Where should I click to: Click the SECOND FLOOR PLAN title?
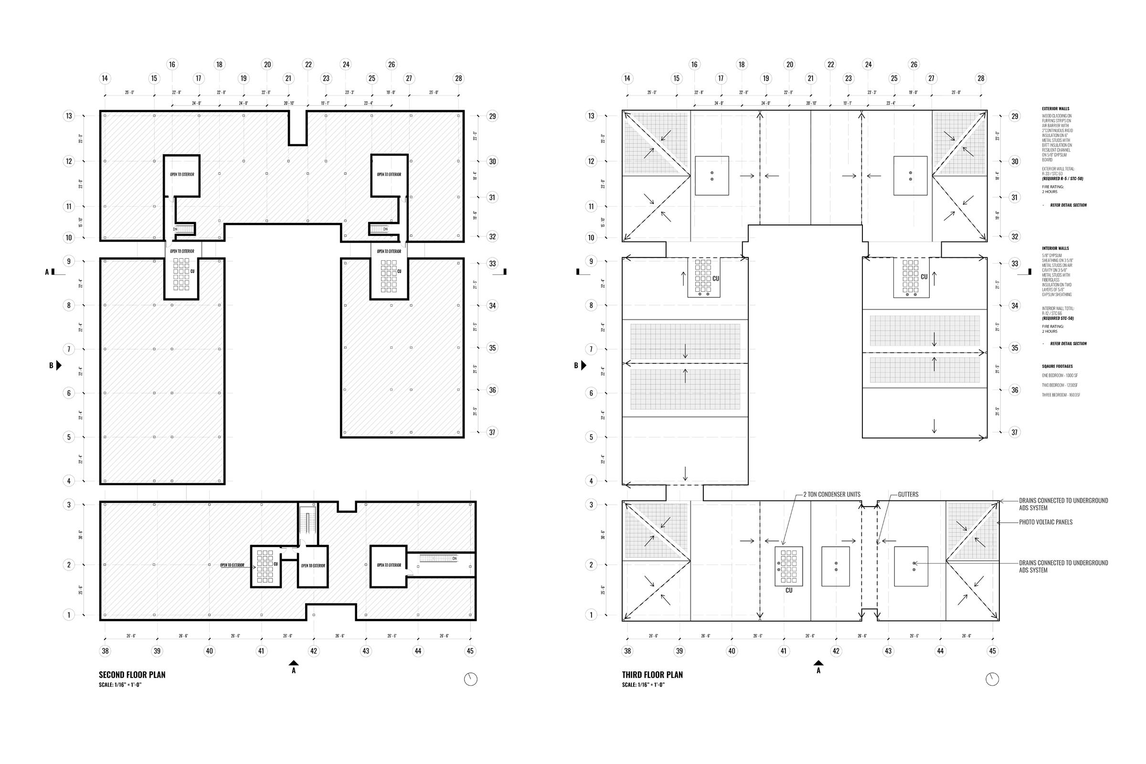pos(132,675)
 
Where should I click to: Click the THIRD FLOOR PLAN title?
pos(652,675)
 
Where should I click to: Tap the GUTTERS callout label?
pos(908,495)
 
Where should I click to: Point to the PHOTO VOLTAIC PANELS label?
pos(1046,522)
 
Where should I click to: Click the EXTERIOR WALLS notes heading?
pos(1055,109)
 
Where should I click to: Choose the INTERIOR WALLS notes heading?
pos(1055,248)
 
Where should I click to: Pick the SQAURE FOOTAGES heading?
pos(1057,366)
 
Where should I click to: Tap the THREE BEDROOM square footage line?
pos(1061,395)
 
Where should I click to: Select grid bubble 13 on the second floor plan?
pos(69,116)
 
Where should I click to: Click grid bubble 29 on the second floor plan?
pos(493,116)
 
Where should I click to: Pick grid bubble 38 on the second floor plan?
pos(105,651)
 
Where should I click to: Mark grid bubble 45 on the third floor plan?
pos(993,651)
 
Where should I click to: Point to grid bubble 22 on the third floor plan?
pos(831,64)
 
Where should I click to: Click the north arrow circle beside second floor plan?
pos(470,679)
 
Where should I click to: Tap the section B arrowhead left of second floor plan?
pos(59,365)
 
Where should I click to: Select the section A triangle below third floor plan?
pos(818,663)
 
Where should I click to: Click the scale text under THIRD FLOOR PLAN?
pos(643,685)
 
